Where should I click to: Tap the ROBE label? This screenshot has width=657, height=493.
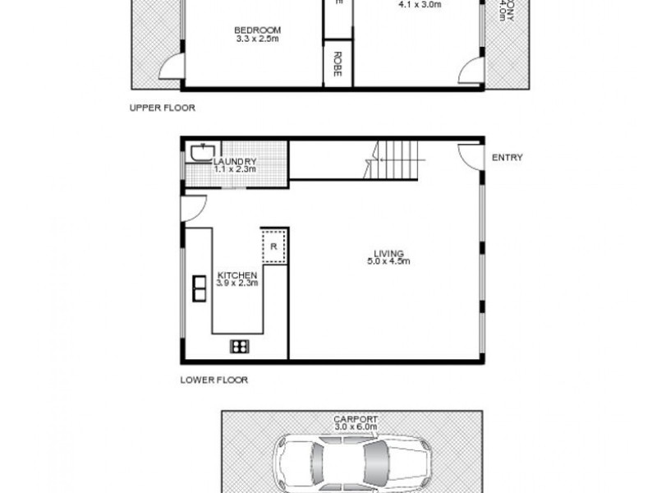coord(337,64)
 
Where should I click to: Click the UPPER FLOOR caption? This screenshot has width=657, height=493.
coord(163,108)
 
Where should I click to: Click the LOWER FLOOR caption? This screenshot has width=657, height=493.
coord(213,380)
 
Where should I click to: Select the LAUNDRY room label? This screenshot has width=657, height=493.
coord(235,162)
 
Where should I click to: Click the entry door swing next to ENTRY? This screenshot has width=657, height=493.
coord(469,154)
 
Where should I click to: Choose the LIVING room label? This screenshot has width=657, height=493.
coord(388,253)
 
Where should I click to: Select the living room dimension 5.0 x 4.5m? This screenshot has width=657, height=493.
coord(388,262)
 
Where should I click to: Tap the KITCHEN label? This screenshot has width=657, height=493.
coord(237,275)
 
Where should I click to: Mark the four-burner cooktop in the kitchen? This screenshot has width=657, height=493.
coord(240,346)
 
